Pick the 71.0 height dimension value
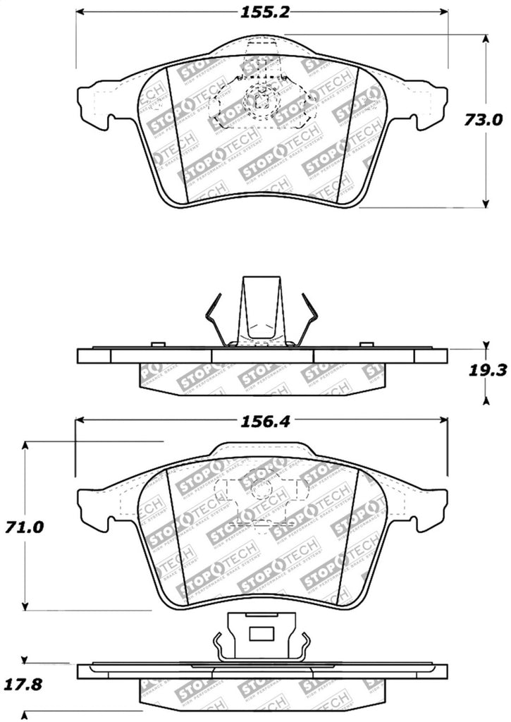click(x=26, y=527)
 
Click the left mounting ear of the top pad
click(x=96, y=106)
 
